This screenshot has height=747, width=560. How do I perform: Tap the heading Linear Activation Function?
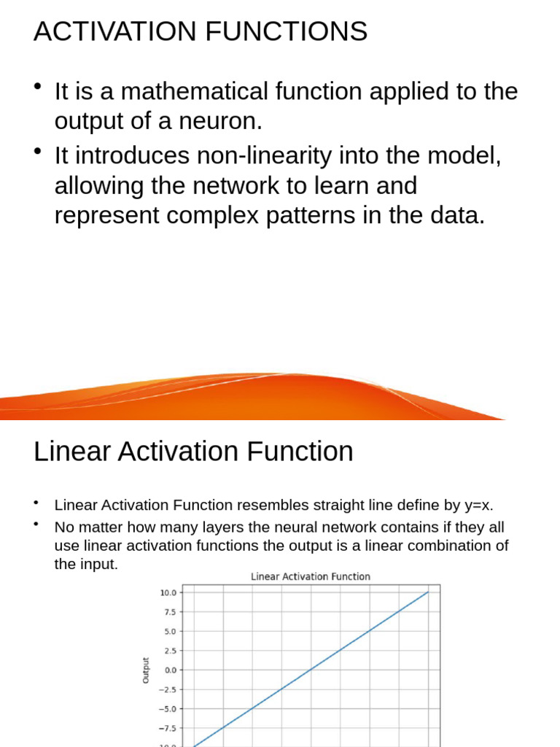(x=193, y=452)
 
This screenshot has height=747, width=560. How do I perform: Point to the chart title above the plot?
(x=311, y=576)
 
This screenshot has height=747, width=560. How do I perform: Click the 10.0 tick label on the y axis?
(x=168, y=592)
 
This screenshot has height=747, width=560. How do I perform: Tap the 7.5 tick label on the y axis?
(x=170, y=612)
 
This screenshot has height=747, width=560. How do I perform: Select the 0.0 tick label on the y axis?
(x=170, y=670)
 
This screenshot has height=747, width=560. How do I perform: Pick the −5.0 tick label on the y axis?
(x=168, y=708)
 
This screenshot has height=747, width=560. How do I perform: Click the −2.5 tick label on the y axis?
(x=168, y=689)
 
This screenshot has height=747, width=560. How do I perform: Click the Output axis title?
(x=146, y=670)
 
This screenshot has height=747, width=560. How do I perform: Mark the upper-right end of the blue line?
(x=428, y=592)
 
